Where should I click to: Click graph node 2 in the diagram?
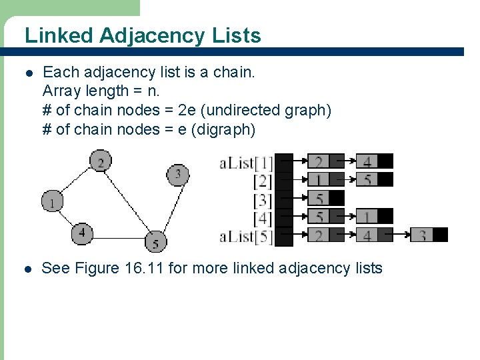coord(101,161)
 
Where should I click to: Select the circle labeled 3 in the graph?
coord(177,175)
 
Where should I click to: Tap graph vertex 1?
coord(51,201)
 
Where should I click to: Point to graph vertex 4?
coord(82,233)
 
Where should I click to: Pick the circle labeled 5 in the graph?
coord(155,242)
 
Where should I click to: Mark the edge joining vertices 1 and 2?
coord(75,181)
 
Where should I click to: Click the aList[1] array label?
coord(246,162)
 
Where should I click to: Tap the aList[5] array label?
coord(246,236)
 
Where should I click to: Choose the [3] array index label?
coord(263,199)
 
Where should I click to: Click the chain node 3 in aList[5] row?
coord(423,235)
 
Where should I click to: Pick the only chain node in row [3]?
coord(319,198)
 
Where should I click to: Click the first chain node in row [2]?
coord(319,179)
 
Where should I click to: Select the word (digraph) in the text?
coord(223,129)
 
